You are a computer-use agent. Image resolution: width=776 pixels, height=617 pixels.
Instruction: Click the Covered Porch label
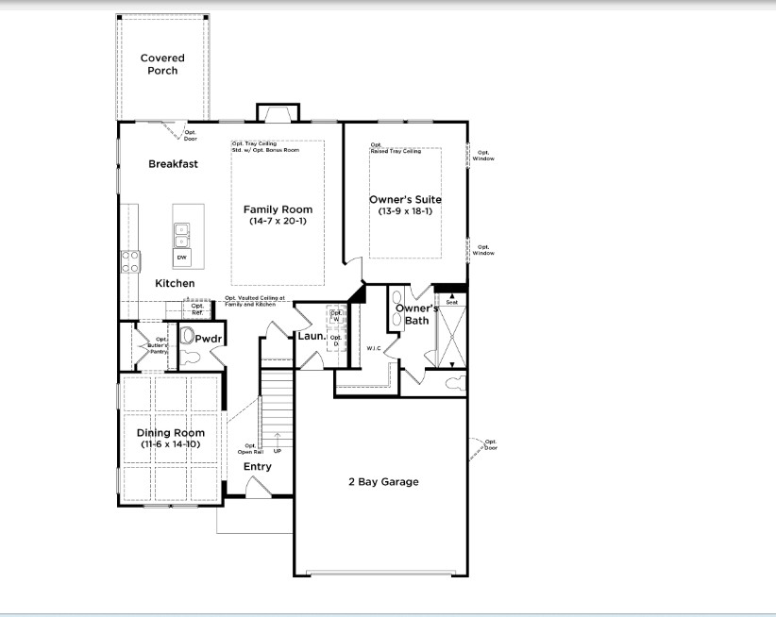click(162, 64)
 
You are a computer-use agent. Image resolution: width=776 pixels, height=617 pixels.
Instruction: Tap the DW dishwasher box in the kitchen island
click(181, 257)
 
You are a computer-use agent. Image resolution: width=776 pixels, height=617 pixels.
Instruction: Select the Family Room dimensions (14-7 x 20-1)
click(278, 222)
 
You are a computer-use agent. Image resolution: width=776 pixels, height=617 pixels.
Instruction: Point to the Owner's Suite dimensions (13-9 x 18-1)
click(405, 212)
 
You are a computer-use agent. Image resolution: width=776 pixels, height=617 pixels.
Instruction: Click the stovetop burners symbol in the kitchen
click(129, 261)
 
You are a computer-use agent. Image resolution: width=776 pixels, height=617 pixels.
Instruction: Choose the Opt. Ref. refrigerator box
click(197, 308)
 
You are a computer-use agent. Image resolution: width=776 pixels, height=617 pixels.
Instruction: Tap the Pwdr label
click(208, 337)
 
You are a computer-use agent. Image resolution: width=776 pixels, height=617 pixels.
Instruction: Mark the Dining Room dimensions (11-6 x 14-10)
click(171, 443)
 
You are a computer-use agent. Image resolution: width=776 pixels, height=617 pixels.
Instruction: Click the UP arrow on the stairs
click(277, 439)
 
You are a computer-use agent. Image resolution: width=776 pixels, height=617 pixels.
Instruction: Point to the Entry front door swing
click(257, 486)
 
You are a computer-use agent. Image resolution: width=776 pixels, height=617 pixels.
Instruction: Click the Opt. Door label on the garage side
click(491, 444)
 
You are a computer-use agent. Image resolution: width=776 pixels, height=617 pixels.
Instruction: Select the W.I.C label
click(374, 348)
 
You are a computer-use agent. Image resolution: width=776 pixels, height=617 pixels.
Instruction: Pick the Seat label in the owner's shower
click(451, 303)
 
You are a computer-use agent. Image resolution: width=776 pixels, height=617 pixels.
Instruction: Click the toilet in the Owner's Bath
click(454, 383)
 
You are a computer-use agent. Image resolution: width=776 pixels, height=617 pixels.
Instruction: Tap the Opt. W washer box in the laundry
click(335, 316)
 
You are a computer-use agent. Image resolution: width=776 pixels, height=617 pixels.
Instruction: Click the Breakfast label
click(173, 164)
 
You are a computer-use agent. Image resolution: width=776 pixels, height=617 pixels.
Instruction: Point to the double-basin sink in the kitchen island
click(181, 232)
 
